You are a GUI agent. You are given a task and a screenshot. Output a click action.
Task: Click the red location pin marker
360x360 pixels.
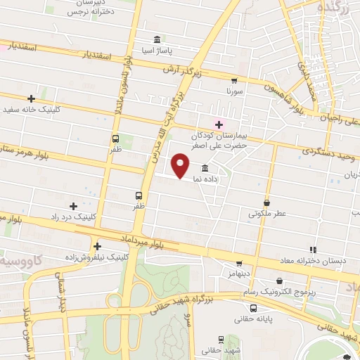(x=181, y=165)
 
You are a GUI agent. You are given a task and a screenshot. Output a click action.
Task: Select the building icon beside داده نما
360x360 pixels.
(x=205, y=168)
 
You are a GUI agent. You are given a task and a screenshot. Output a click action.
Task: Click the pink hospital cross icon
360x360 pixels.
(x=219, y=124)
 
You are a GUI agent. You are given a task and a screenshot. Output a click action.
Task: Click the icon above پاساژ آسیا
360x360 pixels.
(x=155, y=39)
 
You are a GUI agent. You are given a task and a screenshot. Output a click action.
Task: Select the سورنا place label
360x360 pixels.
(x=234, y=91)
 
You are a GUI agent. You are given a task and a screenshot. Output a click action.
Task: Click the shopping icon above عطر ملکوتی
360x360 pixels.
(x=266, y=202)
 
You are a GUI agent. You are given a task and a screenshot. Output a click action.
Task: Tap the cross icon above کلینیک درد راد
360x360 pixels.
(x=73, y=206)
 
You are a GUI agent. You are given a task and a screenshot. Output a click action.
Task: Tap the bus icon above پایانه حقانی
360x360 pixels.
(x=253, y=308)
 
